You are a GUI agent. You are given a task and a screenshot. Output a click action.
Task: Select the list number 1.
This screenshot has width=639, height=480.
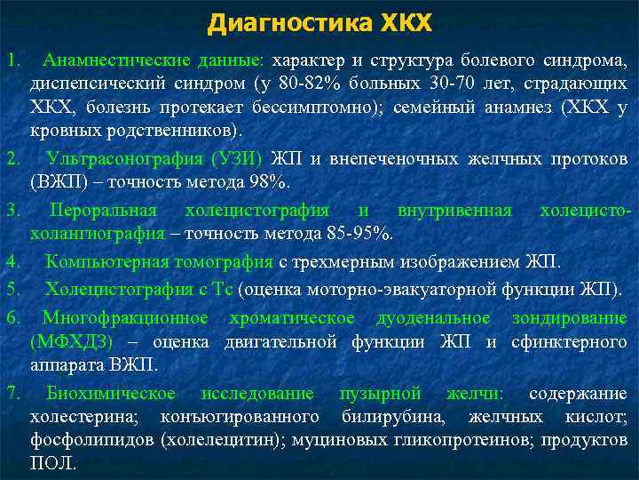pos(12,61)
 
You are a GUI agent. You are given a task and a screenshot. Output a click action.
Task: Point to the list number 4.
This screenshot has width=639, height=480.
pos(12,261)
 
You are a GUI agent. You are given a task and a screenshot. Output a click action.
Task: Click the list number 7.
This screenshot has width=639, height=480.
pos(12,394)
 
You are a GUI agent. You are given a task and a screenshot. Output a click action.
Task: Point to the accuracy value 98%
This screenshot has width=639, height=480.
pos(268,182)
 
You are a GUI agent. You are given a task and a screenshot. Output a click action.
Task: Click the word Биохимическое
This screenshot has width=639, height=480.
pos(111,394)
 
